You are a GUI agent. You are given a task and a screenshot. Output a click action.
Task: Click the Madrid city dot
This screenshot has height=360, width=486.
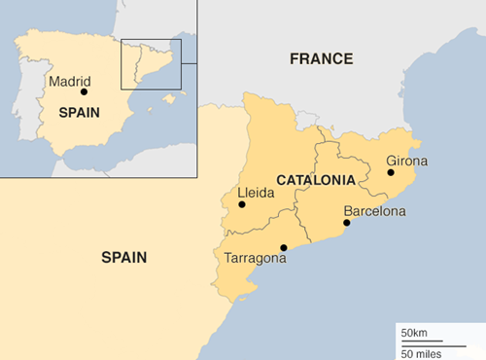85,92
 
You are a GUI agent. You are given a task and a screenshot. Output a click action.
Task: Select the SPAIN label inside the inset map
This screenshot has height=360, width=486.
80,112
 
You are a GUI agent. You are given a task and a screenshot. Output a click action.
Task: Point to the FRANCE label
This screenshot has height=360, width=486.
321,59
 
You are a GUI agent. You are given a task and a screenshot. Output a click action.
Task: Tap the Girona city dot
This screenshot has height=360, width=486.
391,173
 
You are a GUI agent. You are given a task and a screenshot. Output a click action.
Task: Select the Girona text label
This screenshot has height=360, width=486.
406,160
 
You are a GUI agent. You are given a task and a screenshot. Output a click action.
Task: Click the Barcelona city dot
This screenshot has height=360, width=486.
347,223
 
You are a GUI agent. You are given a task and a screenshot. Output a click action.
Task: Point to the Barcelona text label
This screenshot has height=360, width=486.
374,210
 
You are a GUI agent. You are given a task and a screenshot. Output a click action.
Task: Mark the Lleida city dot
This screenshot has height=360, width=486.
242,204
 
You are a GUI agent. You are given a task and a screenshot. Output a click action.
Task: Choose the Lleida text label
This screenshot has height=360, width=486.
257,193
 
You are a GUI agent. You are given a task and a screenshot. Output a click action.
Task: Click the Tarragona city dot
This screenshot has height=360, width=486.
284,247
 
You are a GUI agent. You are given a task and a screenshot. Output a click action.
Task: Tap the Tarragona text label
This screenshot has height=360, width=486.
255,259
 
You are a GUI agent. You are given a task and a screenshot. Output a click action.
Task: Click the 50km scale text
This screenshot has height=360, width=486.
414,334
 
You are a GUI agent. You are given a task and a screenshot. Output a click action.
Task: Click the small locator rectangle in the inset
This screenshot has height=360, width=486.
151,64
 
